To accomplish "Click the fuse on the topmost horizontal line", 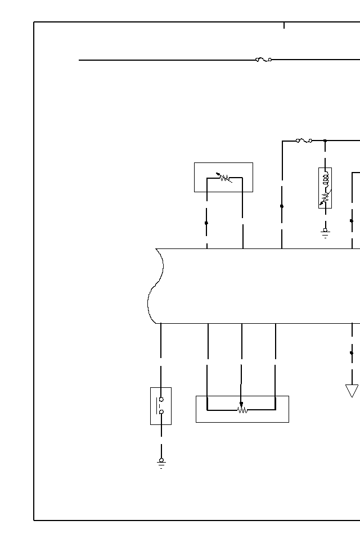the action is point(263,59).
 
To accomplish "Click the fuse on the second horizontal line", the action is point(304,141).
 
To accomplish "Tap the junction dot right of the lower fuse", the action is point(325,141).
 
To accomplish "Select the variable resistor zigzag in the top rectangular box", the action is point(225,178).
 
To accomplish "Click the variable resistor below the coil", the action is point(325,197).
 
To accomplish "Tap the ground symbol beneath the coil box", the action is point(325,232).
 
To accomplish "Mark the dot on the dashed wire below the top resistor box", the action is point(206,223).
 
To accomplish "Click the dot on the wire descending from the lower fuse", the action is point(282,206).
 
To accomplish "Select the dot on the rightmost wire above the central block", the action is point(352,221).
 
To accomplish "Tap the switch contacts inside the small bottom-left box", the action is point(161,406).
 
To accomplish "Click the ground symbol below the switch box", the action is point(161,463).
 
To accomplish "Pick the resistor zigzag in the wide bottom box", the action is point(242,410).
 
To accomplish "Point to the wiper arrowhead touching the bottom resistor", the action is point(241,404).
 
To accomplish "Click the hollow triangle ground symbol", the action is point(352,390).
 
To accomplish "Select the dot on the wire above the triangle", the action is point(352,353).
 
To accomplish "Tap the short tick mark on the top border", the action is point(284,25).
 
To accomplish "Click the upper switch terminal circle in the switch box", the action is point(161,399).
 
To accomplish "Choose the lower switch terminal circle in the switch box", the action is point(161,412).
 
